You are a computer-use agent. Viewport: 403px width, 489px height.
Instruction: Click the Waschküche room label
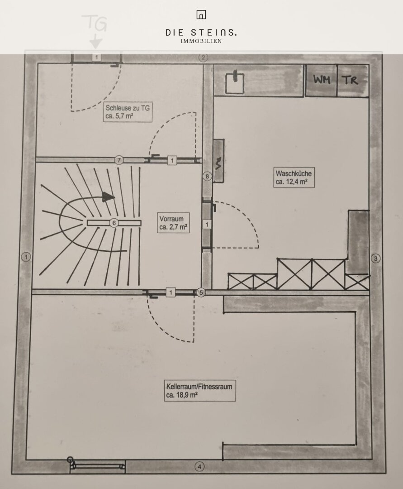(x=294, y=177)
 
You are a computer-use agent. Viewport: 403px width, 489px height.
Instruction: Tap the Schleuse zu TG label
(x=128, y=112)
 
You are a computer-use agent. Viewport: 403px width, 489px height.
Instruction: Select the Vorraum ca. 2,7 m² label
(x=173, y=223)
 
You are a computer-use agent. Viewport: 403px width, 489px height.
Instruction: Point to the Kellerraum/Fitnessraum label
(x=199, y=390)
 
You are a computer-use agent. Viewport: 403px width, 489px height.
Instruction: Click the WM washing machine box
(x=321, y=80)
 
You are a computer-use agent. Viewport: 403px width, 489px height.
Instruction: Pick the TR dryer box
(x=353, y=80)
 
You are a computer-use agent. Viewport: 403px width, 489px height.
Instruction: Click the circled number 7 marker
(x=119, y=160)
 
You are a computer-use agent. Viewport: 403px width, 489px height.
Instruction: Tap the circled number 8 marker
(x=208, y=177)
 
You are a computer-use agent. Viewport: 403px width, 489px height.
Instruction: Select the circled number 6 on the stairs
(x=114, y=223)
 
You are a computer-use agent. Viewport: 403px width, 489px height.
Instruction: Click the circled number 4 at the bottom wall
(x=199, y=466)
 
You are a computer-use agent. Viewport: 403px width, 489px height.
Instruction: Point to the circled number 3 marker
(x=376, y=258)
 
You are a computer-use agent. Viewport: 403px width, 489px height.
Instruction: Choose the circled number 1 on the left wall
(x=26, y=257)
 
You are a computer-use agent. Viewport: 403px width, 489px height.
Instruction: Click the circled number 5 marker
(x=201, y=292)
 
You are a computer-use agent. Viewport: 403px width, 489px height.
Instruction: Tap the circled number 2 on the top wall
(x=203, y=58)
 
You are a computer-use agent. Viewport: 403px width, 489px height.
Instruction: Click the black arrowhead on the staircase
(x=109, y=197)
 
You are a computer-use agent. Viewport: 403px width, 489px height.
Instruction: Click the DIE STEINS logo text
(x=201, y=33)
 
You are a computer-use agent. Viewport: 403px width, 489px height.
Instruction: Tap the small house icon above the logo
(x=201, y=14)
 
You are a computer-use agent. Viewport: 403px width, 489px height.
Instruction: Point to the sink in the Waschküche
(x=235, y=82)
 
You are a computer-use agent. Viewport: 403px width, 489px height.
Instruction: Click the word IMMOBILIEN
(x=201, y=41)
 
